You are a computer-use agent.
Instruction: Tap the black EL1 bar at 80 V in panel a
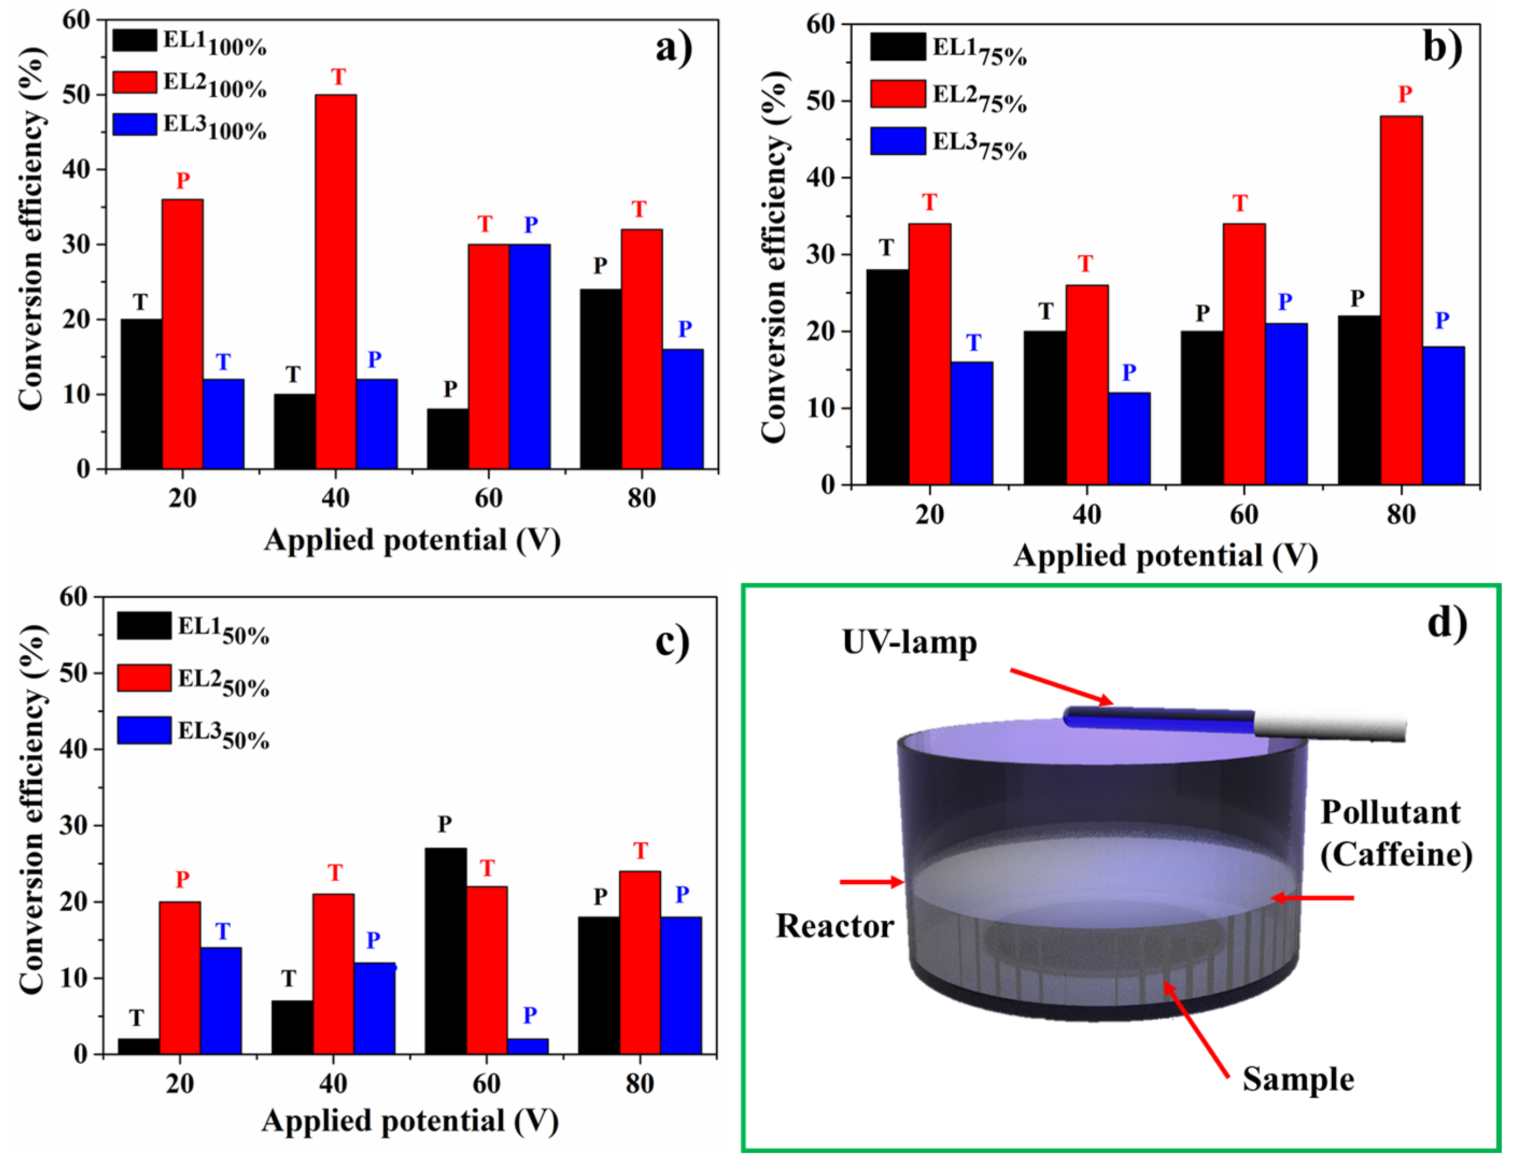[600, 378]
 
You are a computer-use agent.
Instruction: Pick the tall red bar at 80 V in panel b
[1401, 299]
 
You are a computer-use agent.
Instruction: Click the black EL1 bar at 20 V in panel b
[887, 376]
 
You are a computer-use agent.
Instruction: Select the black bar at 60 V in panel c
[445, 950]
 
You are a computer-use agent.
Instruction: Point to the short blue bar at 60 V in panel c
[528, 1046]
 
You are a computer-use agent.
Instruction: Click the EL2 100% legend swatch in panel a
[135, 82]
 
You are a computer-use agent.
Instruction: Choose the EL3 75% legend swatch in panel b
[898, 141]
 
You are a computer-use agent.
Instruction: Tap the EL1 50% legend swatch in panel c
[144, 626]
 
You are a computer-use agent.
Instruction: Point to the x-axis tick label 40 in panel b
[1086, 515]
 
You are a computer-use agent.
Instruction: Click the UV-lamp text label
[909, 642]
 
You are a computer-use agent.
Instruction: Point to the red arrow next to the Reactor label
[871, 882]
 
